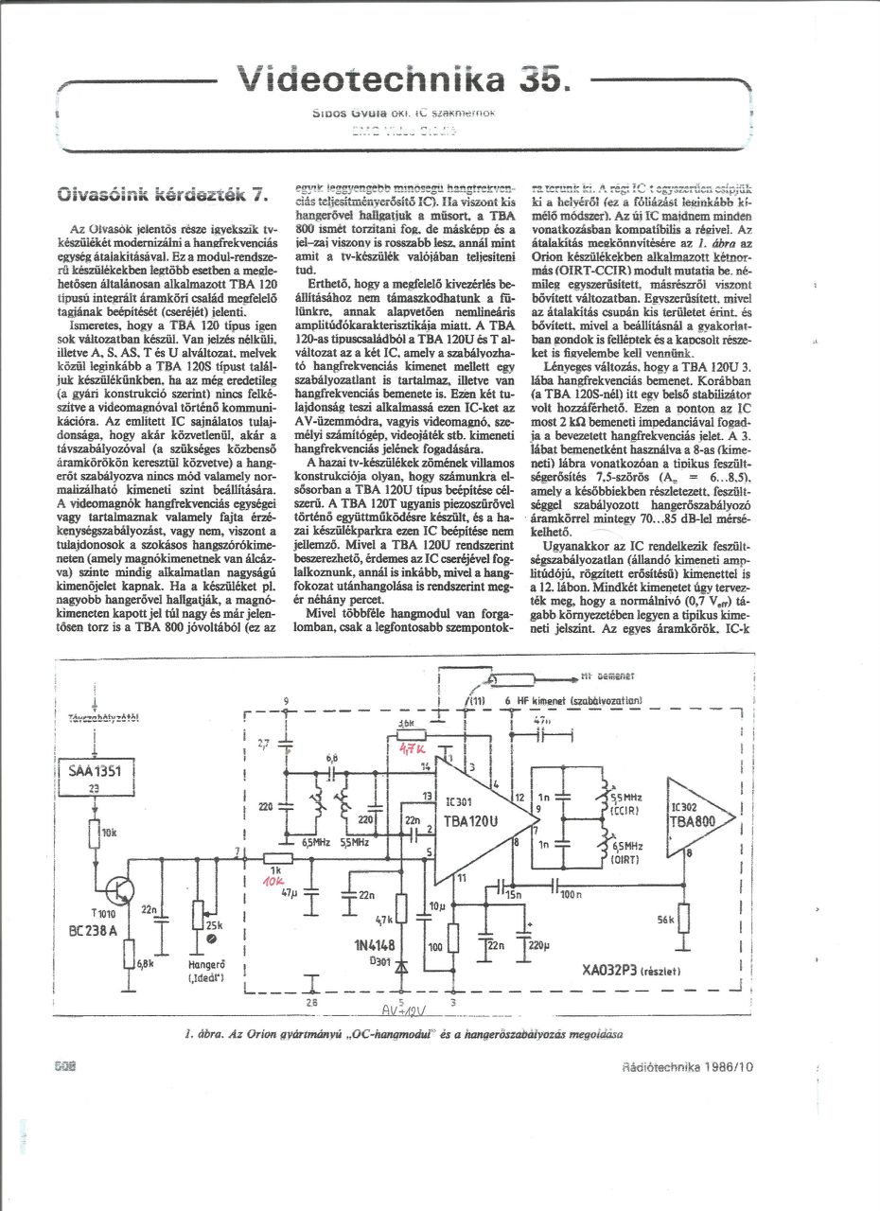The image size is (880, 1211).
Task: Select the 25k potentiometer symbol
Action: click(x=197, y=915)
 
